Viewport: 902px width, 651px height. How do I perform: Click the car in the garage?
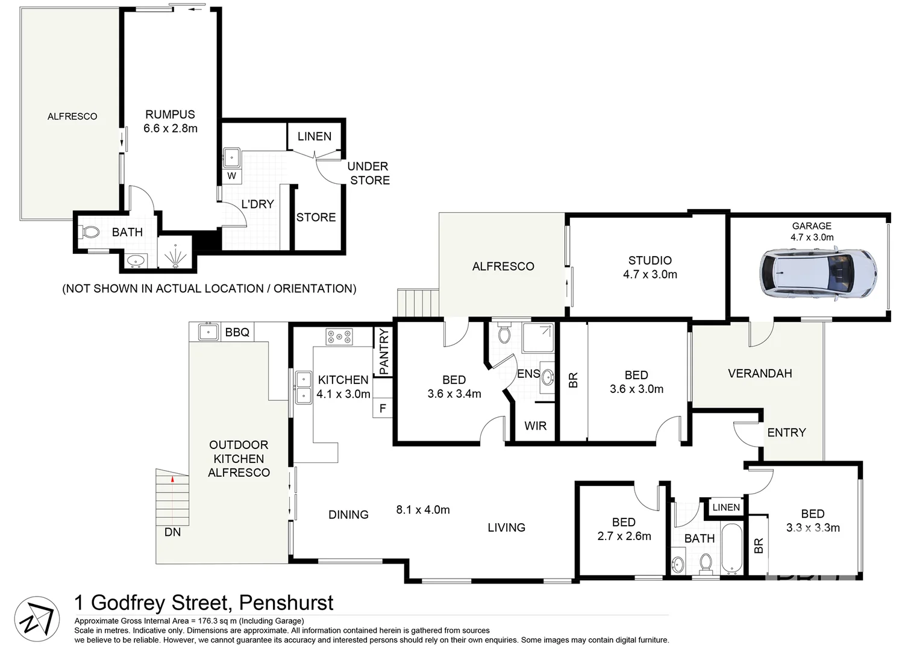pyautogui.click(x=818, y=274)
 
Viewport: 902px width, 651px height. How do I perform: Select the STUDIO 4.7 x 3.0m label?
pyautogui.click(x=650, y=267)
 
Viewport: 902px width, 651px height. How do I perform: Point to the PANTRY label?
pyautogui.click(x=384, y=351)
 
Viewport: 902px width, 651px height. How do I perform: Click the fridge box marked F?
pyautogui.click(x=383, y=408)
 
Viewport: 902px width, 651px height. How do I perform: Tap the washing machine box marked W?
pyautogui.click(x=232, y=176)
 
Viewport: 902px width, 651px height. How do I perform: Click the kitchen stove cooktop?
pyautogui.click(x=339, y=336)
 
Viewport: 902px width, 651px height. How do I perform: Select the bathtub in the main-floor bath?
pyautogui.click(x=733, y=549)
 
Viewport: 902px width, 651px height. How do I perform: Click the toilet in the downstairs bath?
pyautogui.click(x=90, y=232)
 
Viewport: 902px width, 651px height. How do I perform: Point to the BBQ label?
pyautogui.click(x=237, y=332)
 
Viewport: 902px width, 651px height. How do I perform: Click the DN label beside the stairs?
pyautogui.click(x=172, y=532)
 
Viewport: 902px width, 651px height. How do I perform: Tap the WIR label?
pyautogui.click(x=535, y=426)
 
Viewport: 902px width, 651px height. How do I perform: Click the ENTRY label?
pyautogui.click(x=786, y=432)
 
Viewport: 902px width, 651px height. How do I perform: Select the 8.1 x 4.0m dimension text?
pyautogui.click(x=423, y=510)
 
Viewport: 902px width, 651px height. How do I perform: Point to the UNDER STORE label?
pyautogui.click(x=369, y=174)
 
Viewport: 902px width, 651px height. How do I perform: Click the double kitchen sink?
pyautogui.click(x=303, y=387)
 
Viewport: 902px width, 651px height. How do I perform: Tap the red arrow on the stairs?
pyautogui.click(x=172, y=479)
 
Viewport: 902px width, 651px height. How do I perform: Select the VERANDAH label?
pyautogui.click(x=760, y=374)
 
